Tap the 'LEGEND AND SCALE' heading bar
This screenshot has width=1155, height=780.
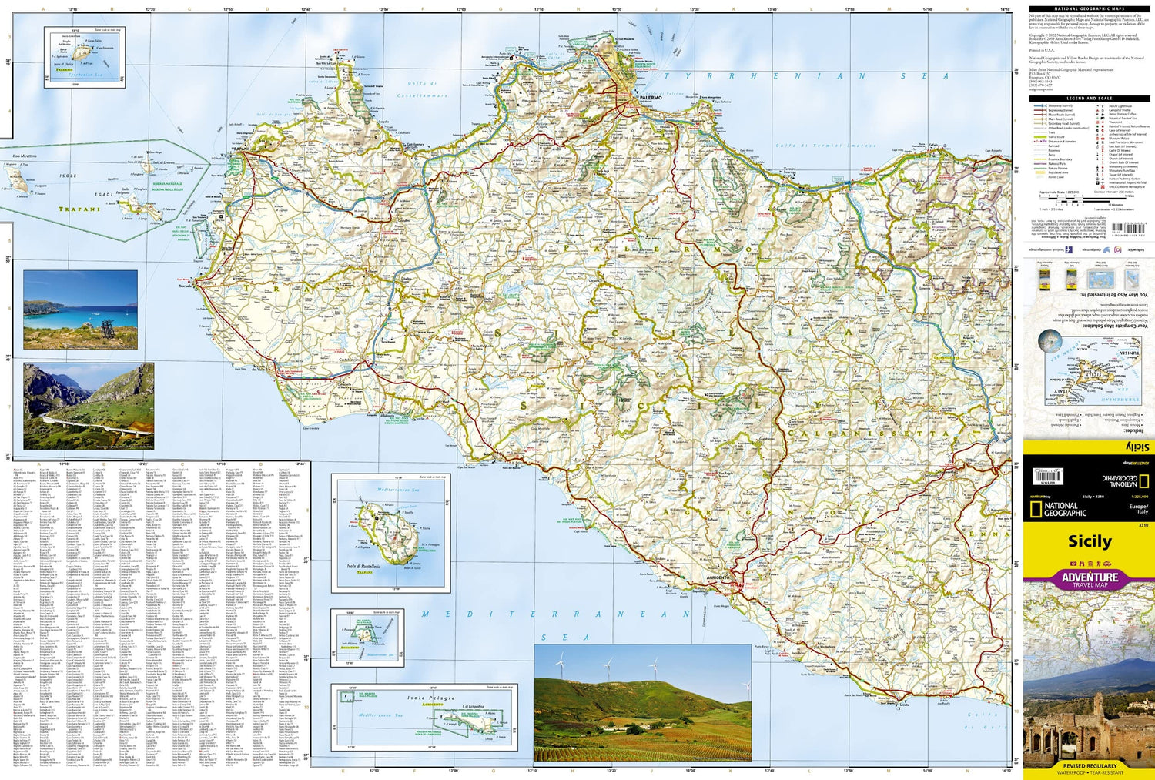coord(1089,99)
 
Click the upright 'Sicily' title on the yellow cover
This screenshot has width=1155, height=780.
coord(1089,541)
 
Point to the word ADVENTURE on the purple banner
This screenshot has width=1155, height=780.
coord(1090,577)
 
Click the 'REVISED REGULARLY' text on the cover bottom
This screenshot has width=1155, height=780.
coord(1089,766)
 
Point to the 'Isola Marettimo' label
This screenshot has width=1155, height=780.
coord(25,156)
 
